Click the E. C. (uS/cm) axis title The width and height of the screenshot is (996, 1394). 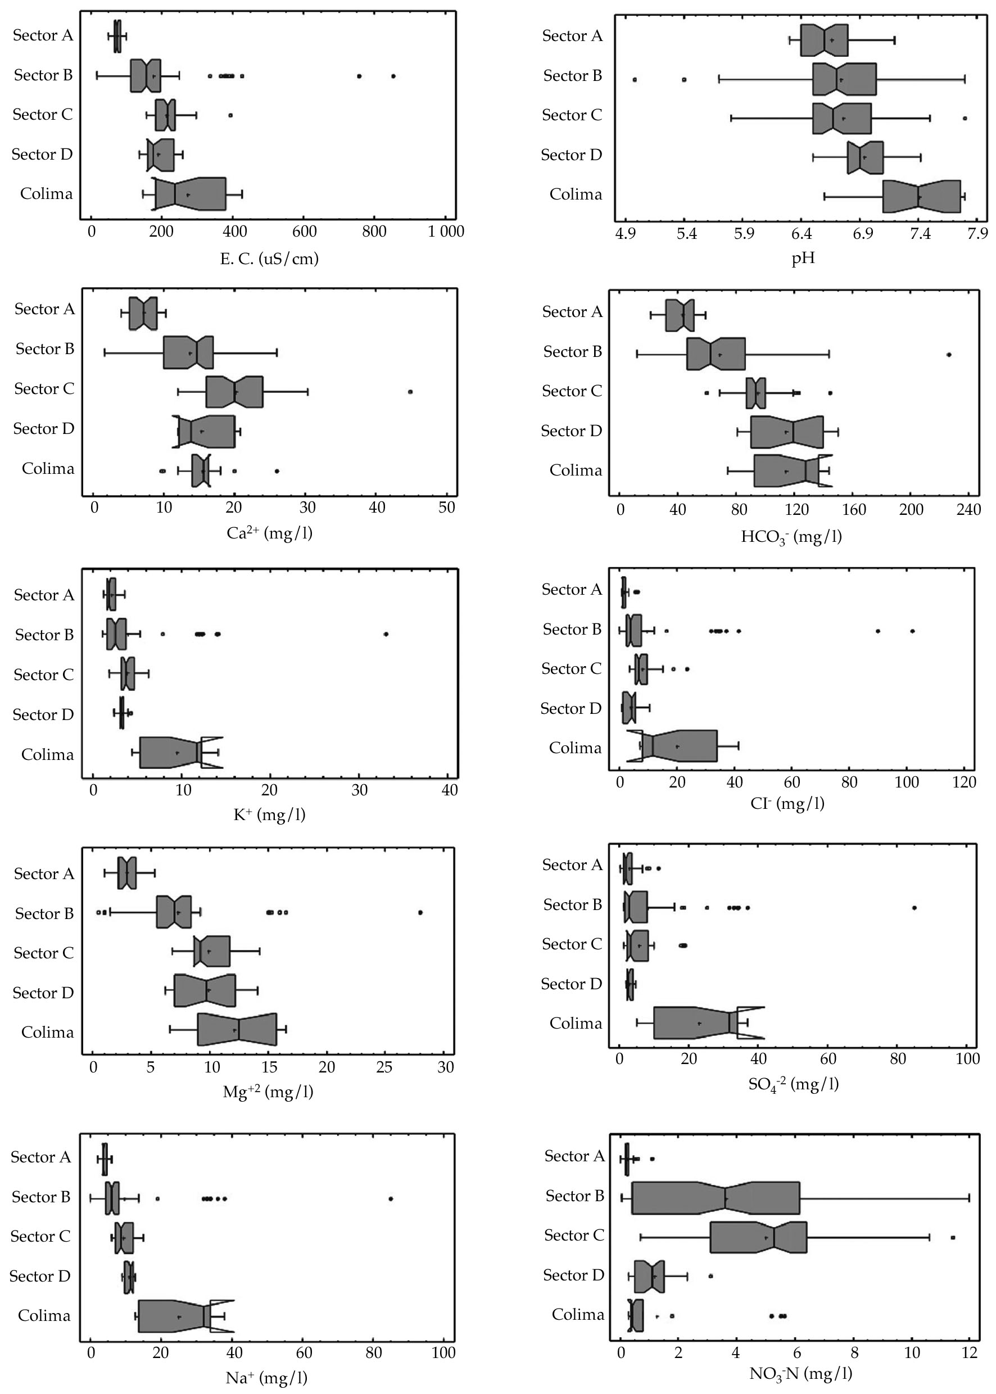[269, 259]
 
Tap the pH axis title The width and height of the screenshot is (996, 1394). [803, 258]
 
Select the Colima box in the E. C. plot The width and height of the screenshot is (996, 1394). [190, 194]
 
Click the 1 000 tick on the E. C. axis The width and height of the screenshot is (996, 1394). [446, 232]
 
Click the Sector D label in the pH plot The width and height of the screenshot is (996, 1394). [572, 155]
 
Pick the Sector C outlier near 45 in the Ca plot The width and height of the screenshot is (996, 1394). [410, 391]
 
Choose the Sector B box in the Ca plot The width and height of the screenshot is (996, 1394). [188, 352]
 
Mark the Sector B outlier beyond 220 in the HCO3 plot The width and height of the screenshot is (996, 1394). [949, 355]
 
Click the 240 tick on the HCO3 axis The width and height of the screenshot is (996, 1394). [968, 510]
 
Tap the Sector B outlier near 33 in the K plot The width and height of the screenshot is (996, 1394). [386, 634]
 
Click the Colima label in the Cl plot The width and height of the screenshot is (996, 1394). [575, 748]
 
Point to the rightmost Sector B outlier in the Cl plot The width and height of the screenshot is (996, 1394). [913, 631]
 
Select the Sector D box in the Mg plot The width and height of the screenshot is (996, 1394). [205, 990]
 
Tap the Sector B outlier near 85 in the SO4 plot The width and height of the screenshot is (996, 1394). [914, 908]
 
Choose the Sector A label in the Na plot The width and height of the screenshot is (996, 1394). [40, 1157]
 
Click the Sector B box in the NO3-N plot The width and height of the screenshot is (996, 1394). [716, 1198]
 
